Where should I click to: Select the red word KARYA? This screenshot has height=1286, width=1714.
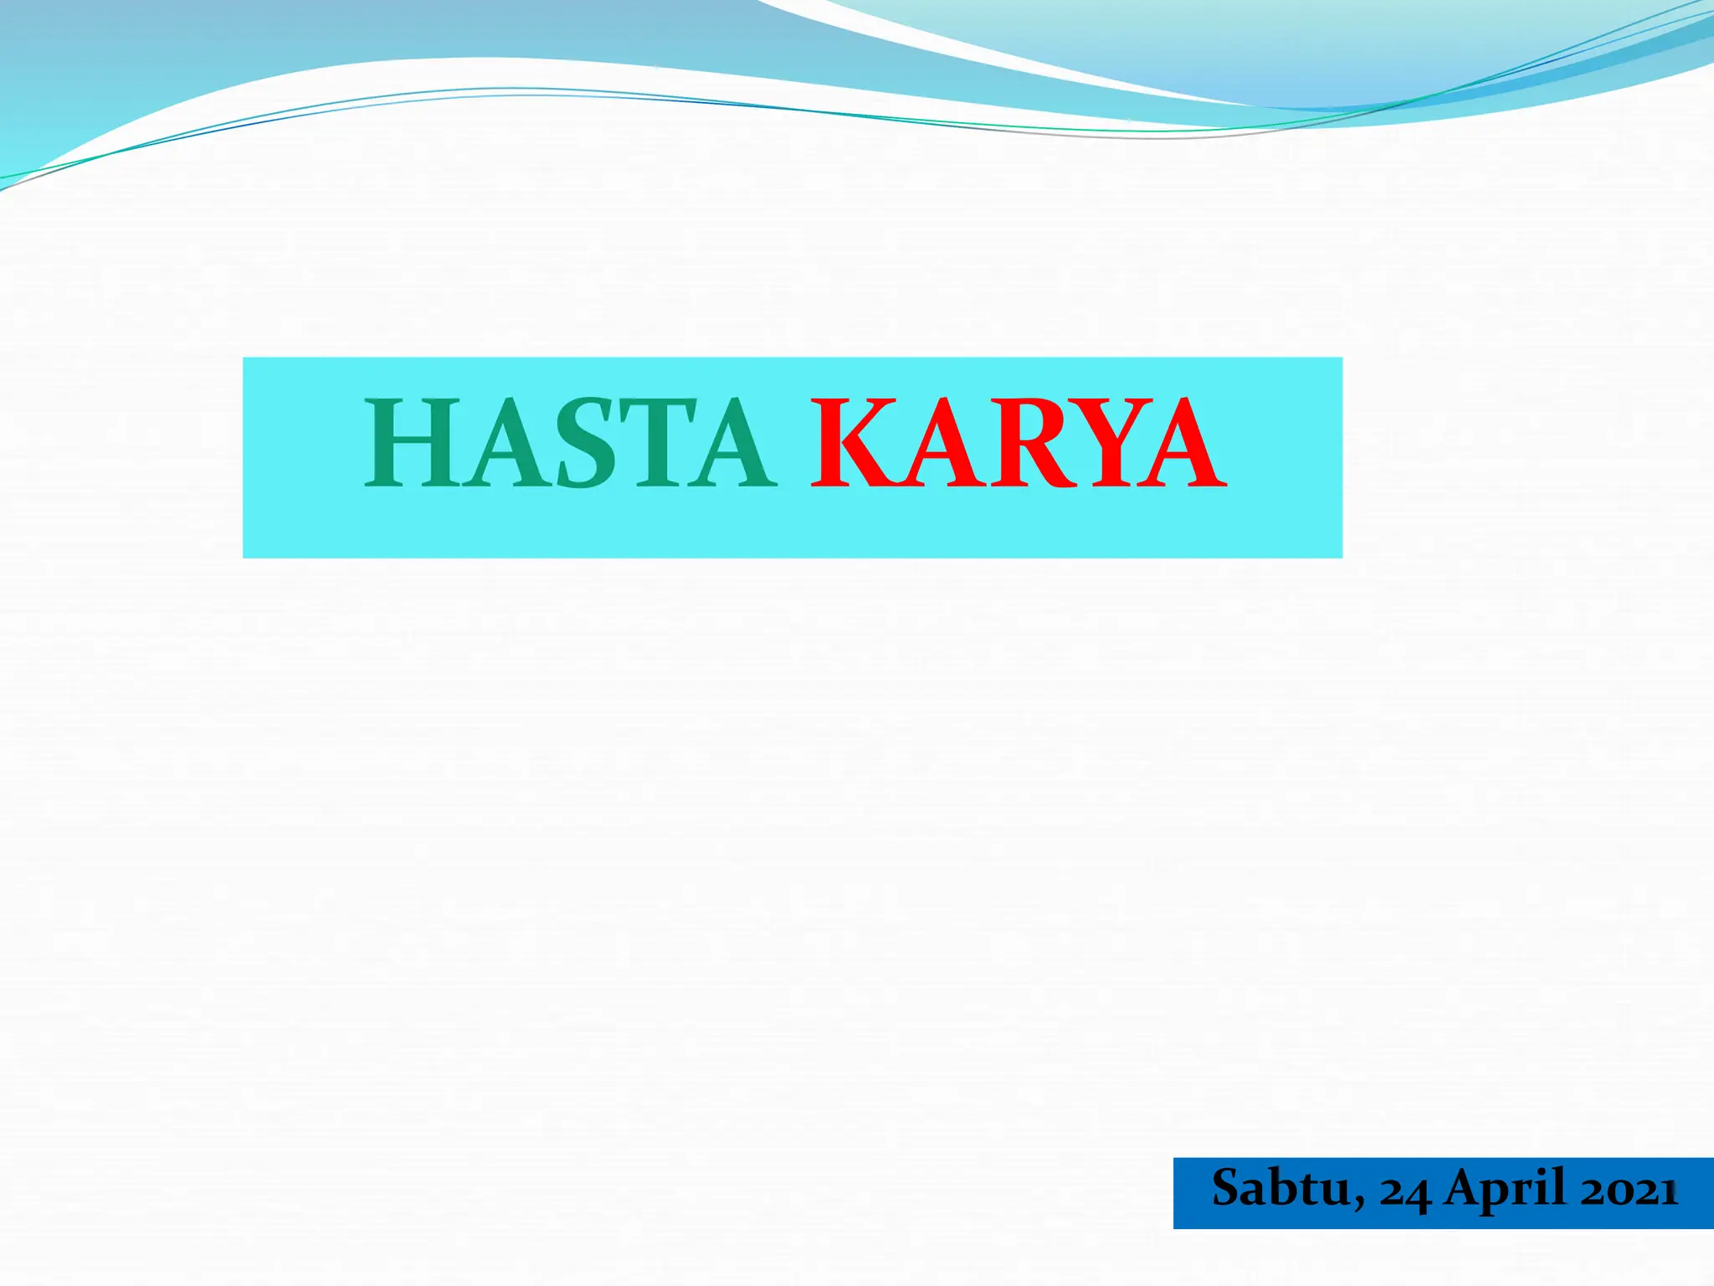1019,443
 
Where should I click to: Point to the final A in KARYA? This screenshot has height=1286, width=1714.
1180,443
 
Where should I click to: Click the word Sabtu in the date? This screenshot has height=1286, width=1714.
1280,1189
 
